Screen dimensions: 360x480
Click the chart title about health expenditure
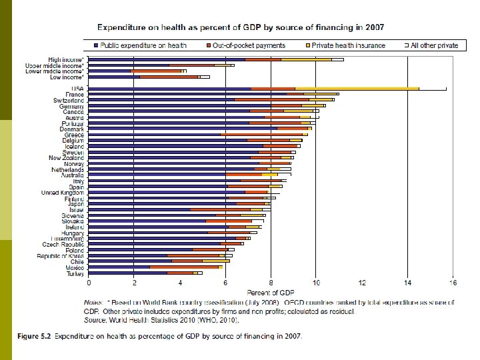click(x=245, y=27)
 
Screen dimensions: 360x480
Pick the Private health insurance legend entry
click(x=347, y=45)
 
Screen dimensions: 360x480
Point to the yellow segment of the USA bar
click(x=357, y=89)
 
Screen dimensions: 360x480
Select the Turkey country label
click(x=75, y=273)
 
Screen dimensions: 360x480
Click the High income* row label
click(x=66, y=59)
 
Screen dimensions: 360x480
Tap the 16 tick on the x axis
click(x=453, y=283)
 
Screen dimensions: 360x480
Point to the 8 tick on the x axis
click(x=271, y=283)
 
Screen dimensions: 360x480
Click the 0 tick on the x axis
click(x=89, y=283)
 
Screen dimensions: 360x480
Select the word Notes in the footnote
click(x=94, y=303)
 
